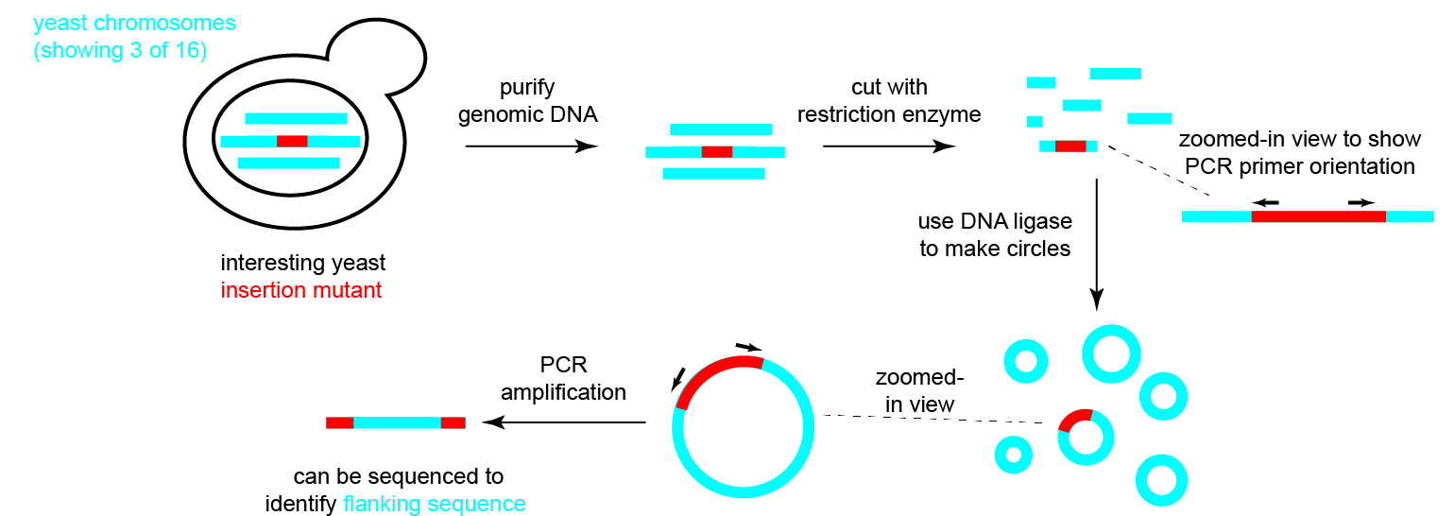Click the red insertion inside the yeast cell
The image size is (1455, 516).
tap(292, 141)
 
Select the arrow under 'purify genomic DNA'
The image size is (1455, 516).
tap(531, 146)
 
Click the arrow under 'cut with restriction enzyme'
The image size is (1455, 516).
tap(888, 146)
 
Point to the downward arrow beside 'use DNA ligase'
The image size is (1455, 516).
tap(1096, 245)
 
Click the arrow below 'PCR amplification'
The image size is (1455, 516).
tap(564, 422)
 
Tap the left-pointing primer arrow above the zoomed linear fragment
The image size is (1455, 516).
tap(1265, 203)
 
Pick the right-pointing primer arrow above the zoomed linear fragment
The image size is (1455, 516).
tap(1361, 203)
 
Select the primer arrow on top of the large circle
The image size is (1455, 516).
tap(749, 347)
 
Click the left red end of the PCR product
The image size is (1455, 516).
tap(340, 422)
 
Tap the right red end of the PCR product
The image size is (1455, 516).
tap(453, 422)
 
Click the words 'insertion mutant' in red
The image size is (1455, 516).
tap(300, 290)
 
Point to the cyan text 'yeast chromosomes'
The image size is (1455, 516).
tap(134, 23)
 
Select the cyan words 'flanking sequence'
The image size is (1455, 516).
tap(434, 504)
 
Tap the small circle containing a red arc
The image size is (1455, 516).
tap(1086, 438)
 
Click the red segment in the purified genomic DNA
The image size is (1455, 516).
tap(716, 152)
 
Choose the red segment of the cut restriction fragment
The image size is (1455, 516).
tap(1070, 146)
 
